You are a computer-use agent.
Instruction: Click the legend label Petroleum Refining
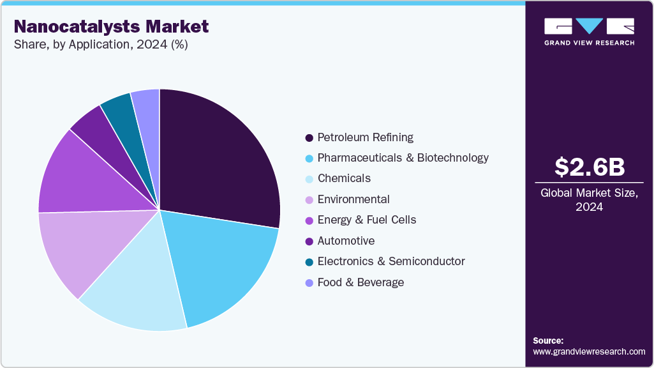(x=365, y=137)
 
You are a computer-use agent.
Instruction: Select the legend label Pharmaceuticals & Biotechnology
(x=403, y=158)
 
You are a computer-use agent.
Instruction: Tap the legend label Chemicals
(x=344, y=178)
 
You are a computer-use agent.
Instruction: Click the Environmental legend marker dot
(x=309, y=200)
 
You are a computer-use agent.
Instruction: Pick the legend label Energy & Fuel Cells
(x=366, y=220)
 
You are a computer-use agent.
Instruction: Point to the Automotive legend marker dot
(x=309, y=241)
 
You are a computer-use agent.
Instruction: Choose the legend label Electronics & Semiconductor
(x=390, y=261)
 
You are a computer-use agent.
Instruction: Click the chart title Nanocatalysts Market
(x=111, y=27)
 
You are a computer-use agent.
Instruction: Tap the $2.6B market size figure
(x=589, y=167)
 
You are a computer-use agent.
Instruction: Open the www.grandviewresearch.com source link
(x=589, y=351)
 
